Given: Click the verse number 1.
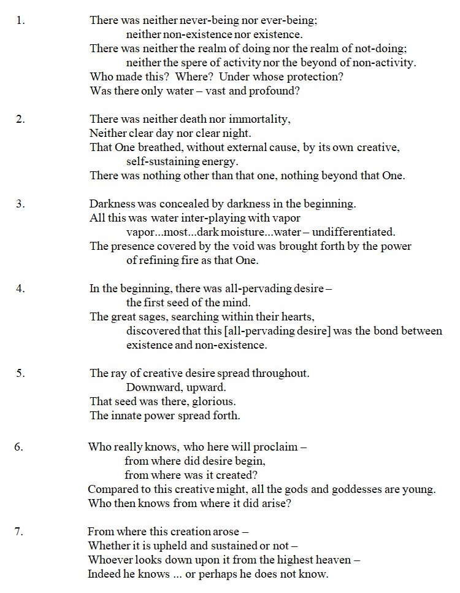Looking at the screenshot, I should pyautogui.click(x=20, y=20).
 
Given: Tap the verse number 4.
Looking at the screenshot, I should pyautogui.click(x=20, y=288).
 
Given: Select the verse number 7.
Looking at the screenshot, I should pyautogui.click(x=19, y=531).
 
